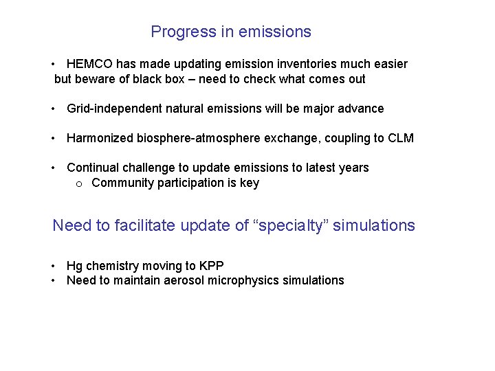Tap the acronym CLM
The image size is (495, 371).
[400, 138]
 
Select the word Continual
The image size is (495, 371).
[91, 168]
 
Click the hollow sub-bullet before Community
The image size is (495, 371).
[79, 183]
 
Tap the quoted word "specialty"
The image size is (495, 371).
[291, 225]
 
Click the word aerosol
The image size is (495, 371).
[185, 280]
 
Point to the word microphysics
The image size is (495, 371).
[247, 280]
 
